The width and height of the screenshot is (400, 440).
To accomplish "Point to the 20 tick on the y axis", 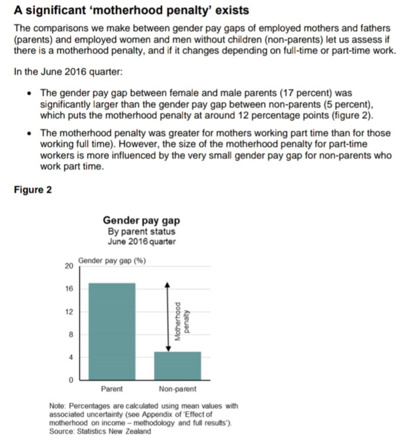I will click(68, 266).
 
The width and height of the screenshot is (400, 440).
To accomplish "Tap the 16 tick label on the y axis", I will click(68, 289).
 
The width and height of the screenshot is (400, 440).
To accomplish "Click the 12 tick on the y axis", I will click(68, 312).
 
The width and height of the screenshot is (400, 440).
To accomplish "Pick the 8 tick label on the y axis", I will click(70, 335).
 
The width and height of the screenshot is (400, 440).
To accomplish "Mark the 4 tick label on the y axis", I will click(70, 358).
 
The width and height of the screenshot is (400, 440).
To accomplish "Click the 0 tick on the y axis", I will click(70, 380).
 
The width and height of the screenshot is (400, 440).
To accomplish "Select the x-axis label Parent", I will click(112, 390).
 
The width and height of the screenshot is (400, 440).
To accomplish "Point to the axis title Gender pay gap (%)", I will click(112, 261).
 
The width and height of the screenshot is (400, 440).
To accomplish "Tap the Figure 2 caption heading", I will click(33, 190).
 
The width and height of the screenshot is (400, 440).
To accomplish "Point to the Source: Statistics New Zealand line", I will click(101, 431).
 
